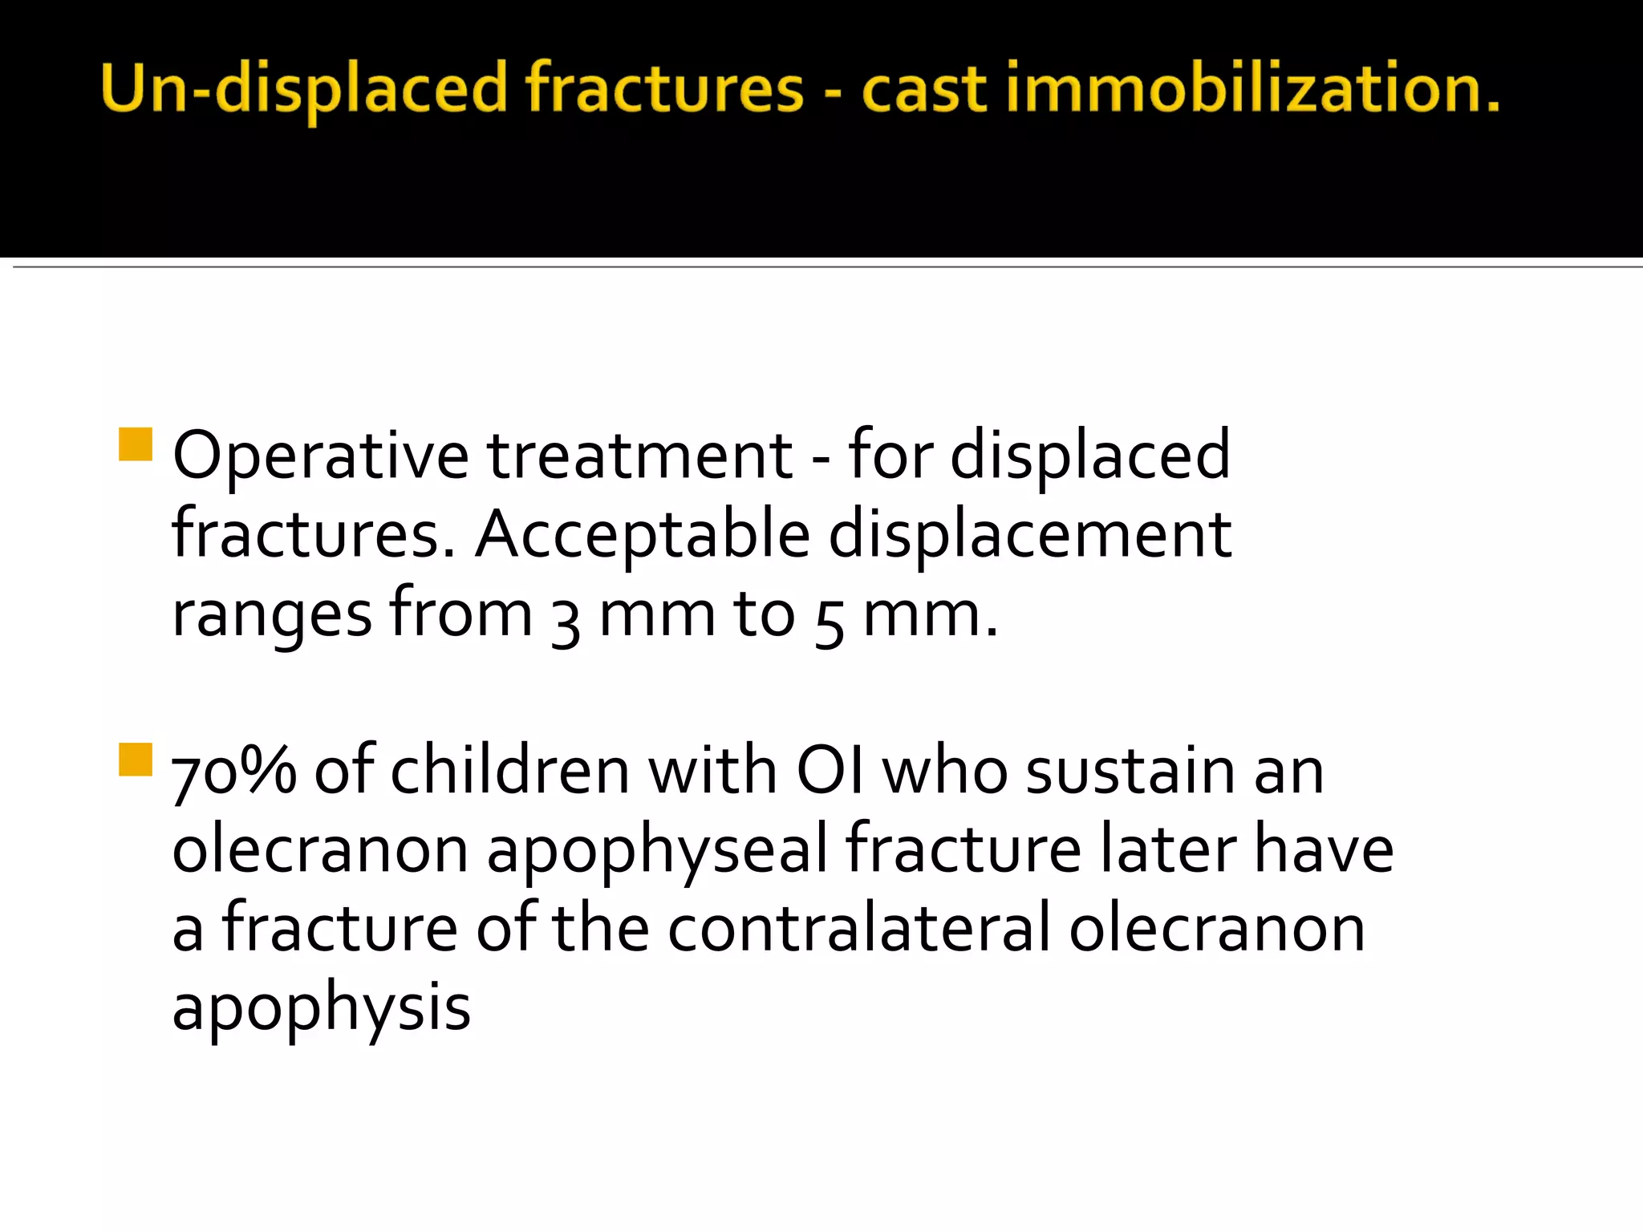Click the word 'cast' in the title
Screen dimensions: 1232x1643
pos(923,88)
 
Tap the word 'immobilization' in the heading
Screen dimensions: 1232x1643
pos(1252,88)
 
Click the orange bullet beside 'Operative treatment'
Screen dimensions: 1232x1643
pos(135,444)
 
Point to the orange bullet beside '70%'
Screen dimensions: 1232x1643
pos(135,760)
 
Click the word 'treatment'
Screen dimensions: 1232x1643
pos(639,456)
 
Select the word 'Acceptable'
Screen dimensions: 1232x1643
pos(643,536)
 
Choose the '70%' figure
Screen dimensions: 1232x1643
pos(233,772)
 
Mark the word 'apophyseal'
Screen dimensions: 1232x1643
pos(656,850)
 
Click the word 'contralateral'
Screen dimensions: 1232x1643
pos(858,929)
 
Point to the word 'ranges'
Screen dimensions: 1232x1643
pos(271,616)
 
